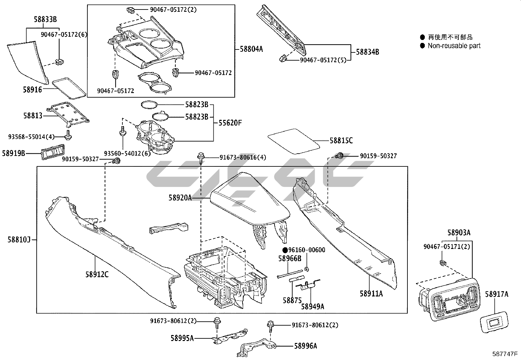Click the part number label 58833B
tap(45, 20)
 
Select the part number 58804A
tap(251, 49)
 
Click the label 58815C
tap(341, 141)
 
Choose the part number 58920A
tap(180, 198)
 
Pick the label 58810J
tap(19, 240)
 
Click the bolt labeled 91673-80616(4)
tap(200, 157)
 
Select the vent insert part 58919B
tap(52, 153)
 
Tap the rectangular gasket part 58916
tap(69, 87)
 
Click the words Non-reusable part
tap(454, 46)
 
